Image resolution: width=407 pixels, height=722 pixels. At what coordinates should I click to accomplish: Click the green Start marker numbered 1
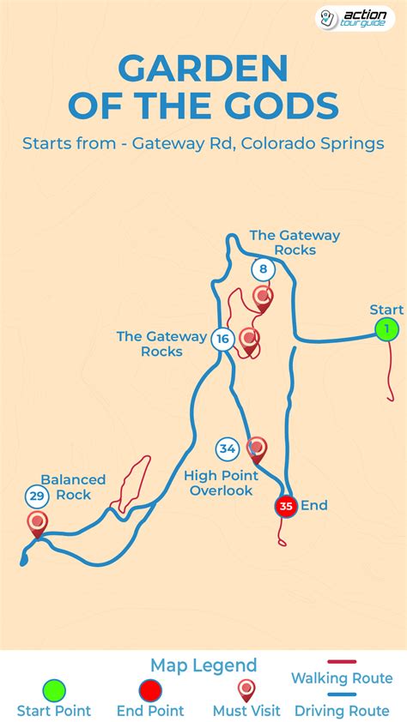[x=387, y=329]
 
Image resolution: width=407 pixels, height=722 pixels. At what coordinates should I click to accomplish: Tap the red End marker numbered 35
[x=286, y=506]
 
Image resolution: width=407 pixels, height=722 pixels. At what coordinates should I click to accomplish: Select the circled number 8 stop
[x=263, y=270]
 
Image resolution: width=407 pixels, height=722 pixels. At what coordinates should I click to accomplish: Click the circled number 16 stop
[x=222, y=339]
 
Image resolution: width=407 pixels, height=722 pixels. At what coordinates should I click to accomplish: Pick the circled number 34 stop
[x=227, y=448]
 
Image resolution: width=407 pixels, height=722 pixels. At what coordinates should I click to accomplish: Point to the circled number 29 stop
[x=36, y=496]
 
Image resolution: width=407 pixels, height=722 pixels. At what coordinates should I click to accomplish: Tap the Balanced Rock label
[x=73, y=487]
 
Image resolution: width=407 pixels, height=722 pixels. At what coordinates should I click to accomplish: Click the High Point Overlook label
[x=222, y=483]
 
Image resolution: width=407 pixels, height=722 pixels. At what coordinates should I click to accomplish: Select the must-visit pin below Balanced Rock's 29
[x=37, y=522]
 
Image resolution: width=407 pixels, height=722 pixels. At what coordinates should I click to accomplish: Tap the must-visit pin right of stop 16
[x=249, y=339]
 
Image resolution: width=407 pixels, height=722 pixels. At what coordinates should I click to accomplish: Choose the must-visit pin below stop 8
[x=263, y=298]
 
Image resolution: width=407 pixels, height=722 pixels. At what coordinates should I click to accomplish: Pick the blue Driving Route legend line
[x=342, y=695]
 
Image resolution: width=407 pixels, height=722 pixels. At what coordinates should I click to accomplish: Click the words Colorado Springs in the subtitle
[x=313, y=143]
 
